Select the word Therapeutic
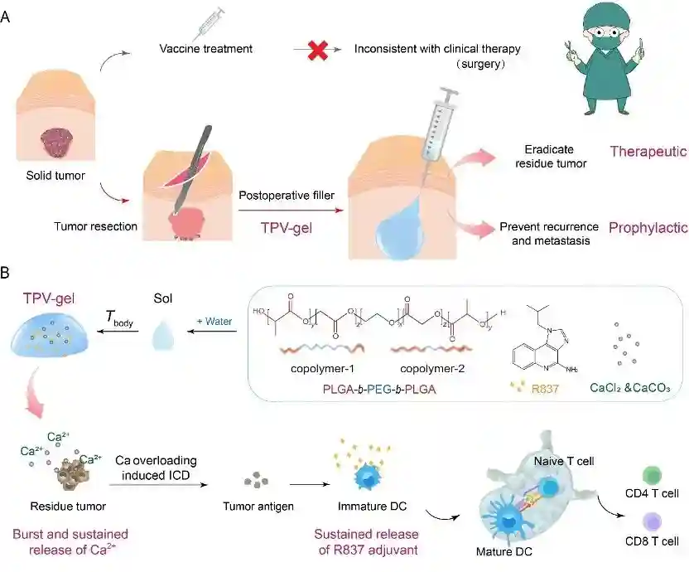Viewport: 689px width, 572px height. click(643, 152)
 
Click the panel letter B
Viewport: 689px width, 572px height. click(7, 271)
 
